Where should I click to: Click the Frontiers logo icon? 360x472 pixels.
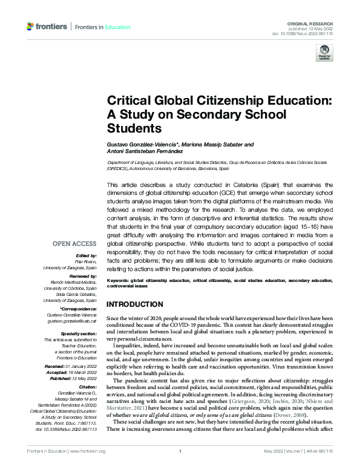click(x=31, y=27)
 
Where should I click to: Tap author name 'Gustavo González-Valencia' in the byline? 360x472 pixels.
click(x=143, y=145)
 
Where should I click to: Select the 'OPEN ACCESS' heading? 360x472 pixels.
click(x=75, y=244)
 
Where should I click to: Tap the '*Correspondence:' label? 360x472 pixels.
click(x=80, y=309)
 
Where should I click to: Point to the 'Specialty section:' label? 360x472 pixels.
click(x=79, y=333)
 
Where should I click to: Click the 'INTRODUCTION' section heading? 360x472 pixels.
click(x=134, y=304)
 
